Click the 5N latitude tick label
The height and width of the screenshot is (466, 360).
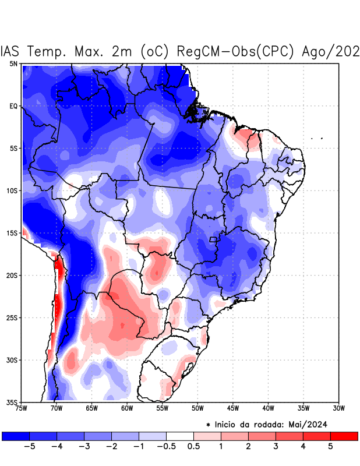coord(13,63)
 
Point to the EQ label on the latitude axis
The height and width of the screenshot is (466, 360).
coord(13,106)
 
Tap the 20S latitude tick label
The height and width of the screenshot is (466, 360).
coord(12,276)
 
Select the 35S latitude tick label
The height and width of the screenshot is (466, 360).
coord(12,403)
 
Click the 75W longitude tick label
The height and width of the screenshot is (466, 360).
coord(22,408)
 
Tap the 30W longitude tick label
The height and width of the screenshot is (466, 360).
coord(338,408)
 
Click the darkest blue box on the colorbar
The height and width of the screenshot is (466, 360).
coord(16,436)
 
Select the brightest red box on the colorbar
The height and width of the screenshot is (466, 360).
coord(344,436)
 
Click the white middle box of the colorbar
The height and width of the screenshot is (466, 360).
coord(179,436)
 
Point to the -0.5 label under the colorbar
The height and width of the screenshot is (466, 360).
coord(165,446)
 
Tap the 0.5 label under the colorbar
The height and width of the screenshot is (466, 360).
coord(193,446)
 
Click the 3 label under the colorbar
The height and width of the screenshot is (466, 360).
coord(275,446)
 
